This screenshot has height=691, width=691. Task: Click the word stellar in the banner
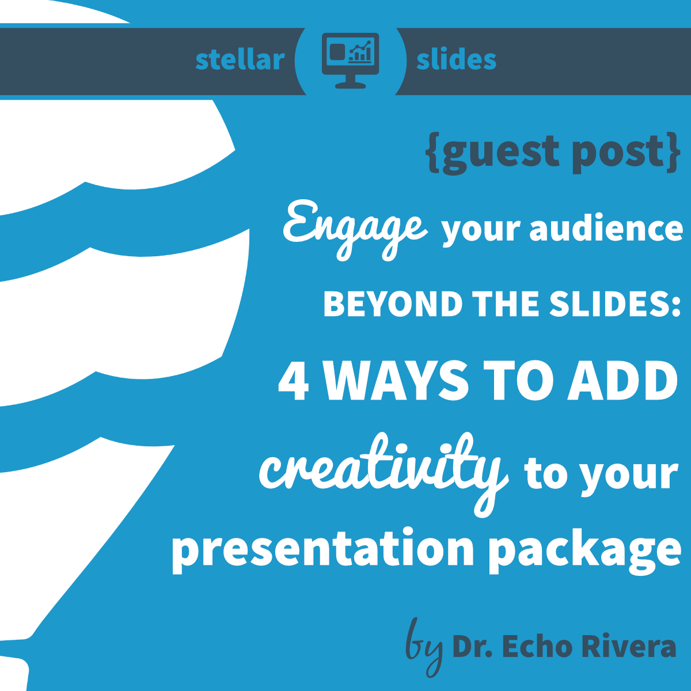240,60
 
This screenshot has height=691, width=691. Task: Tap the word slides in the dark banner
456,60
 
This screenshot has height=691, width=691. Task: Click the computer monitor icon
350,59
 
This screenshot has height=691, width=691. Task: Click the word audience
606,229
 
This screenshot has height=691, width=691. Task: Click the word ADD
622,381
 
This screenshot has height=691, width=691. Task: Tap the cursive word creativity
383,472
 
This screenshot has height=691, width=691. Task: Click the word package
584,550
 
